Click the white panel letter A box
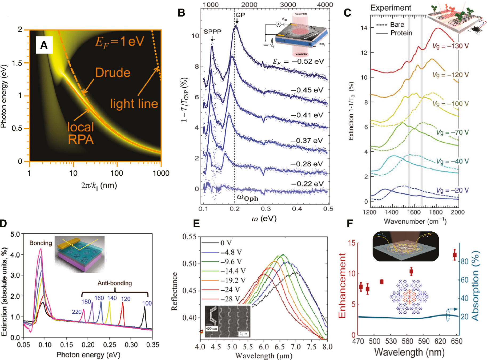tap(44, 45)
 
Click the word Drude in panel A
tap(113, 73)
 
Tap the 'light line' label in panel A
tap(134, 103)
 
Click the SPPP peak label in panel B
tap(212, 32)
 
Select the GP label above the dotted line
tap(240, 15)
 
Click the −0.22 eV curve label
tap(307, 184)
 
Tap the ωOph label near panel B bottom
tap(248, 198)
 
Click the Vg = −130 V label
tap(450, 46)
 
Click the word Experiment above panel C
tap(391, 8)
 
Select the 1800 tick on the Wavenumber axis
tap(436, 212)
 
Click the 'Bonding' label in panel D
tap(41, 243)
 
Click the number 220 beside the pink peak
tap(77, 312)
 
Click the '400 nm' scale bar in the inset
tap(212, 329)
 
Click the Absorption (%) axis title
tap(475, 285)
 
